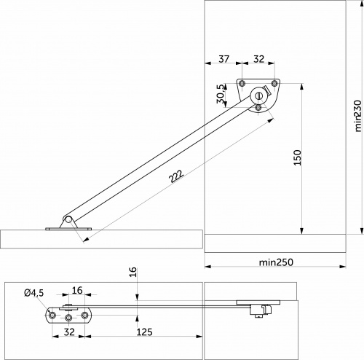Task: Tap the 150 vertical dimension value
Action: click(x=296, y=157)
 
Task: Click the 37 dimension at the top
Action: click(x=223, y=59)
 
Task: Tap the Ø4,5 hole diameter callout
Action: click(x=34, y=292)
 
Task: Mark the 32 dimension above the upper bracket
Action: click(x=259, y=59)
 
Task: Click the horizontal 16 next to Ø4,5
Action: click(x=76, y=289)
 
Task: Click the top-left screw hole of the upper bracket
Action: click(x=242, y=84)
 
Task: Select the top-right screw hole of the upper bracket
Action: click(x=274, y=84)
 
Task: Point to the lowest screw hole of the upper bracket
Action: click(x=258, y=107)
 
